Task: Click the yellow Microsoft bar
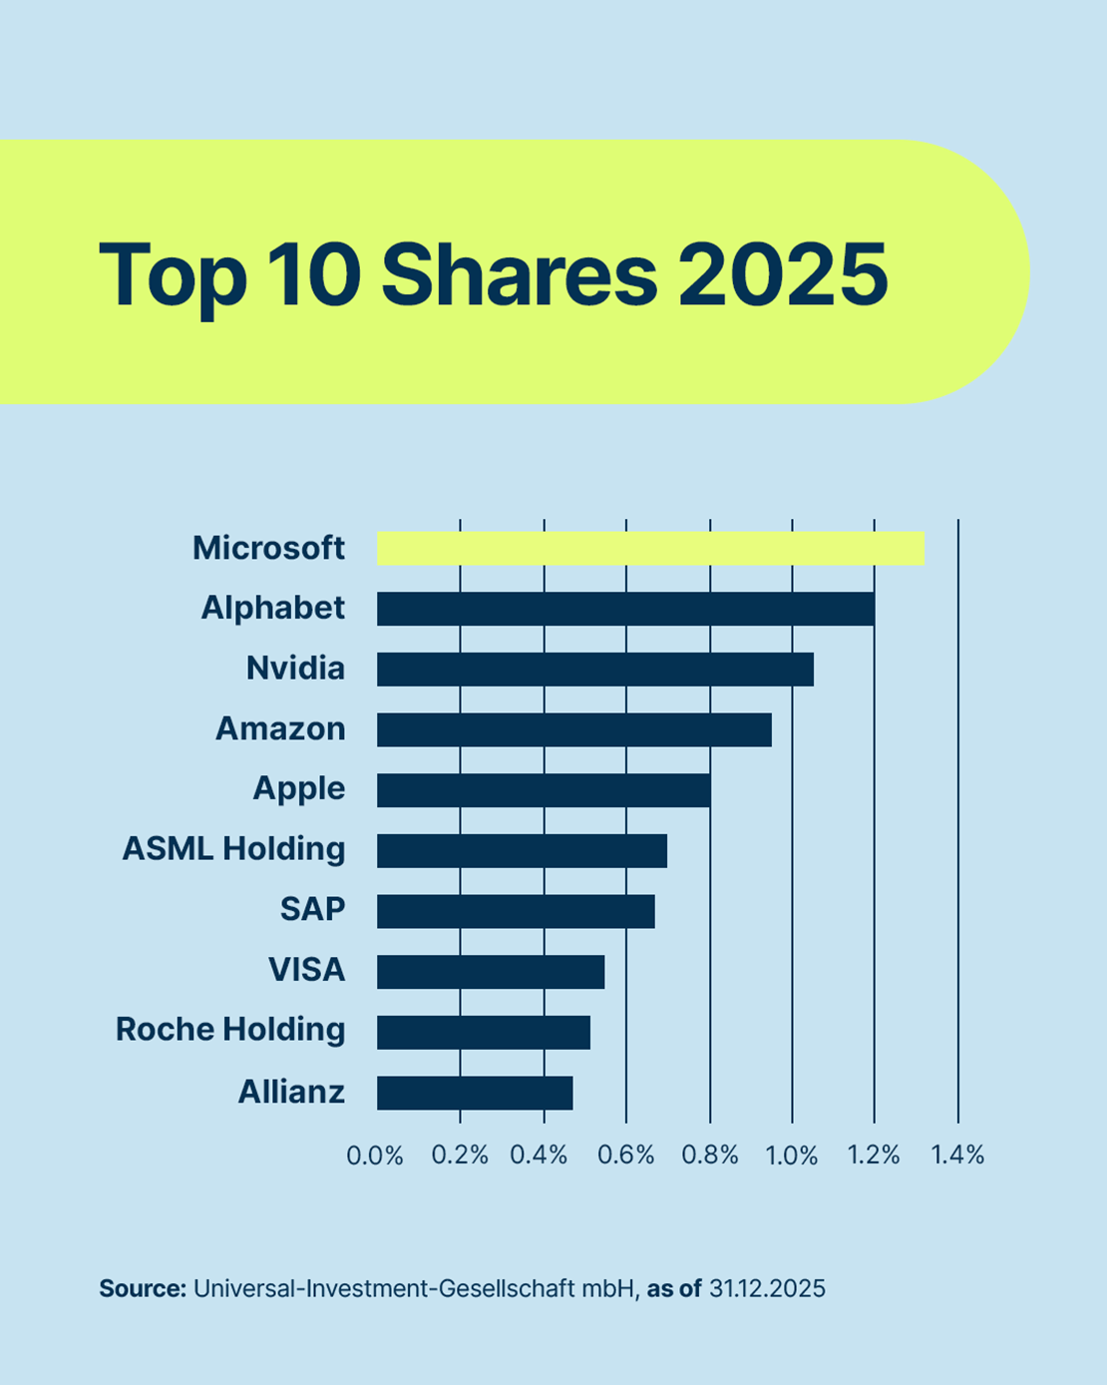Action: point(650,549)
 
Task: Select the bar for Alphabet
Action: point(625,609)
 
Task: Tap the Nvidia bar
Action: point(594,669)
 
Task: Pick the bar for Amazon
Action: point(573,729)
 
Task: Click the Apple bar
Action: point(544,789)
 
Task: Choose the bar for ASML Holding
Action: point(522,850)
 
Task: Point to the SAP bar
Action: point(516,911)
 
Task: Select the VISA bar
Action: point(491,971)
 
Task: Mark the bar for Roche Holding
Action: point(484,1032)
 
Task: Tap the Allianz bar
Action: point(475,1093)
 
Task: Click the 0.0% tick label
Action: point(375,1155)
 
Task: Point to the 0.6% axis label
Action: point(626,1155)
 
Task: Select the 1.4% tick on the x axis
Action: point(957,1155)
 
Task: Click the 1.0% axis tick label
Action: point(792,1155)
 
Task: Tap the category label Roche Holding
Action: point(230,1029)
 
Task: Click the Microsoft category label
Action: point(268,548)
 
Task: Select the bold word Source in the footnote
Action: point(143,1288)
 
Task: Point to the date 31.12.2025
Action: point(767,1288)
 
